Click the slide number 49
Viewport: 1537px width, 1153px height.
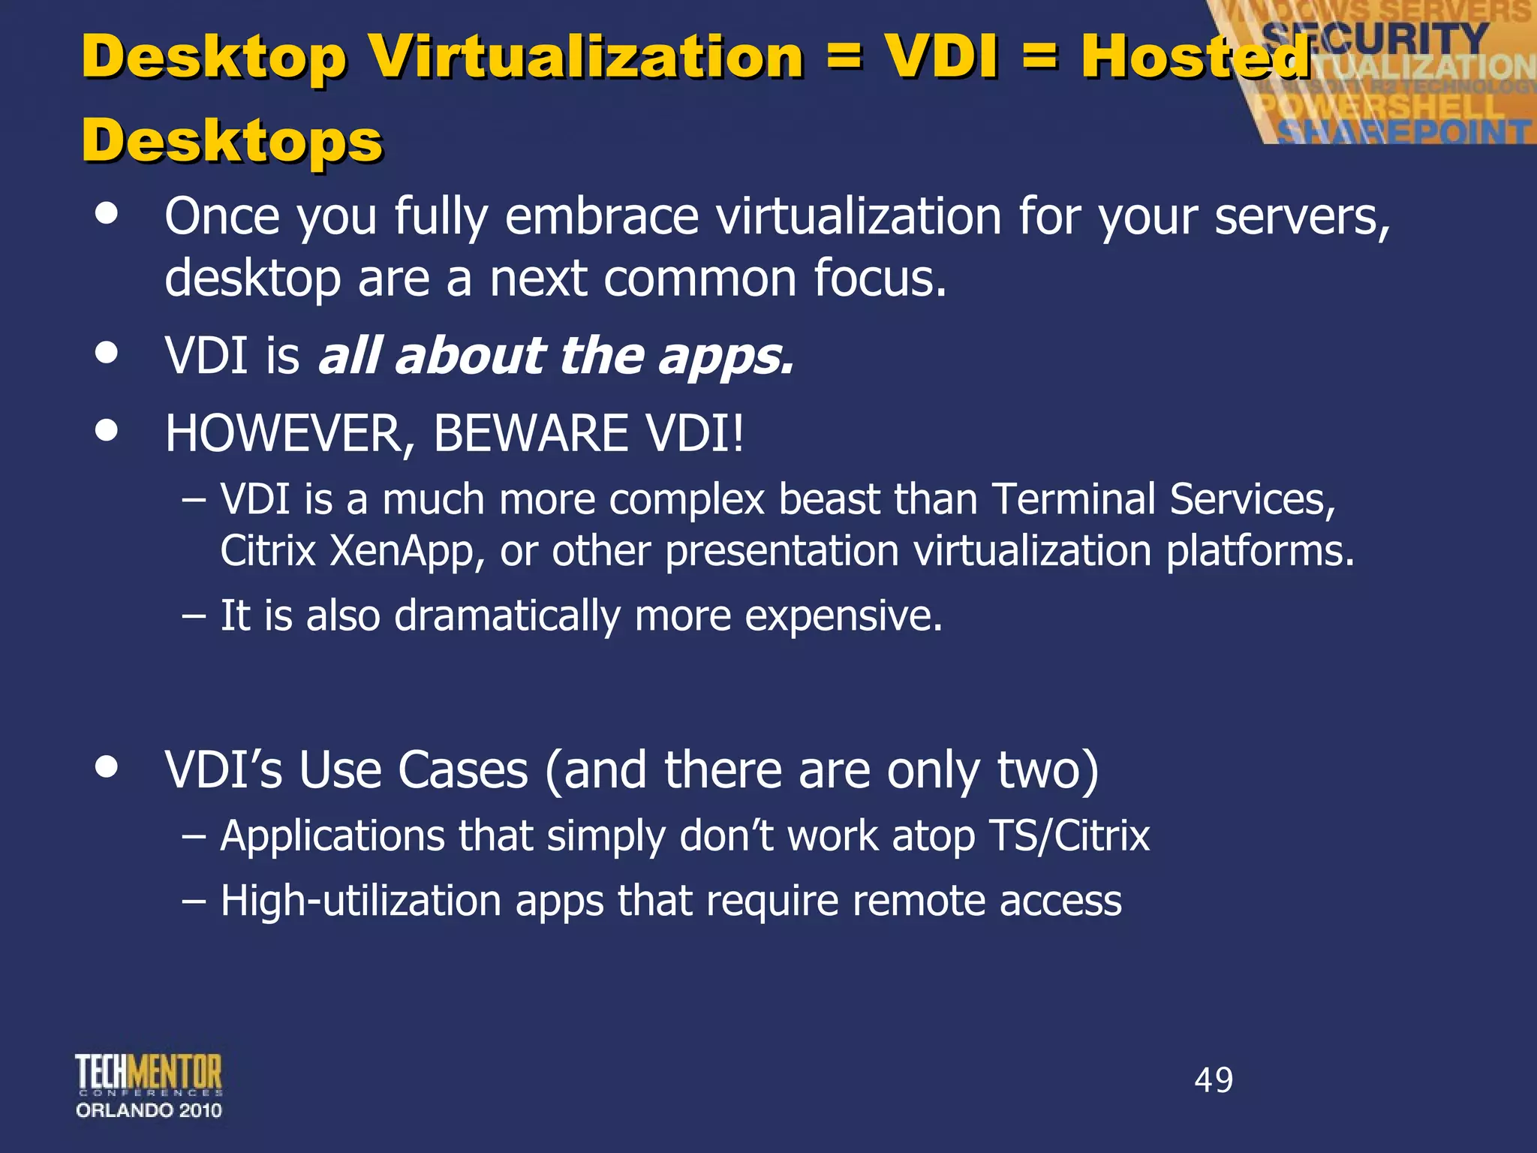[x=1214, y=1080]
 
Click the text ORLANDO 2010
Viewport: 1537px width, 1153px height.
[x=149, y=1110]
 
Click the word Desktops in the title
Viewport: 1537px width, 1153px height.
[x=233, y=141]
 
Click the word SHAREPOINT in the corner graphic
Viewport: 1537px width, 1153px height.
[x=1403, y=132]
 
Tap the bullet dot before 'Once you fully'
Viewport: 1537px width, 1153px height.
[x=107, y=213]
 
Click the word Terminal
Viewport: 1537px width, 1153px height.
[x=1073, y=499]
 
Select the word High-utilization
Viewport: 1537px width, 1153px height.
[x=361, y=901]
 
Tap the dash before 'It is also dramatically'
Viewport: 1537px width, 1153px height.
[x=194, y=616]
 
